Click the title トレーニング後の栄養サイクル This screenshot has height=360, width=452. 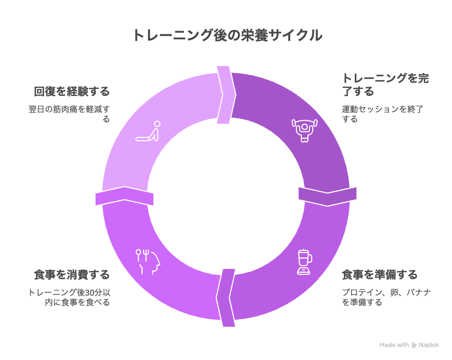tap(227, 35)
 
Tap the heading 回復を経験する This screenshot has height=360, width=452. tap(72, 91)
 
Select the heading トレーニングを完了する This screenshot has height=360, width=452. tap(385, 85)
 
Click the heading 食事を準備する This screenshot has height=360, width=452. tap(379, 275)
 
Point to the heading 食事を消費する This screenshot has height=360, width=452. tap(72, 275)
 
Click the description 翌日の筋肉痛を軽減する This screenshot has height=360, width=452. tap(69, 114)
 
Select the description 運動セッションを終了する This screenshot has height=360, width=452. tap(383, 114)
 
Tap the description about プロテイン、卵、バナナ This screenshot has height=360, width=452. tap(386, 297)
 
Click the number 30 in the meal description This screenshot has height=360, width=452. tap(90, 292)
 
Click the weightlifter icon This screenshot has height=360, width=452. tap(305, 130)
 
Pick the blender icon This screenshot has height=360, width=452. tap(305, 262)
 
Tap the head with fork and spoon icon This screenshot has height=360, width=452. tap(147, 261)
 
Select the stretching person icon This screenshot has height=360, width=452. tap(148, 131)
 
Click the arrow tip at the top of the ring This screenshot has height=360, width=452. tap(236, 94)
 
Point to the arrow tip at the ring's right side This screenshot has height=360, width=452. tap(328, 206)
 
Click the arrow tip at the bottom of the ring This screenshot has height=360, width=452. tap(217, 298)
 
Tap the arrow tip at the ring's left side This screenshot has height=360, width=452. tap(124, 187)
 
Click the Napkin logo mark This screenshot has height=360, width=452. tap(414, 345)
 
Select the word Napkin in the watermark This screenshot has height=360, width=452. tap(429, 345)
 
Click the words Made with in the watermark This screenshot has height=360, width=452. tap(394, 345)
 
